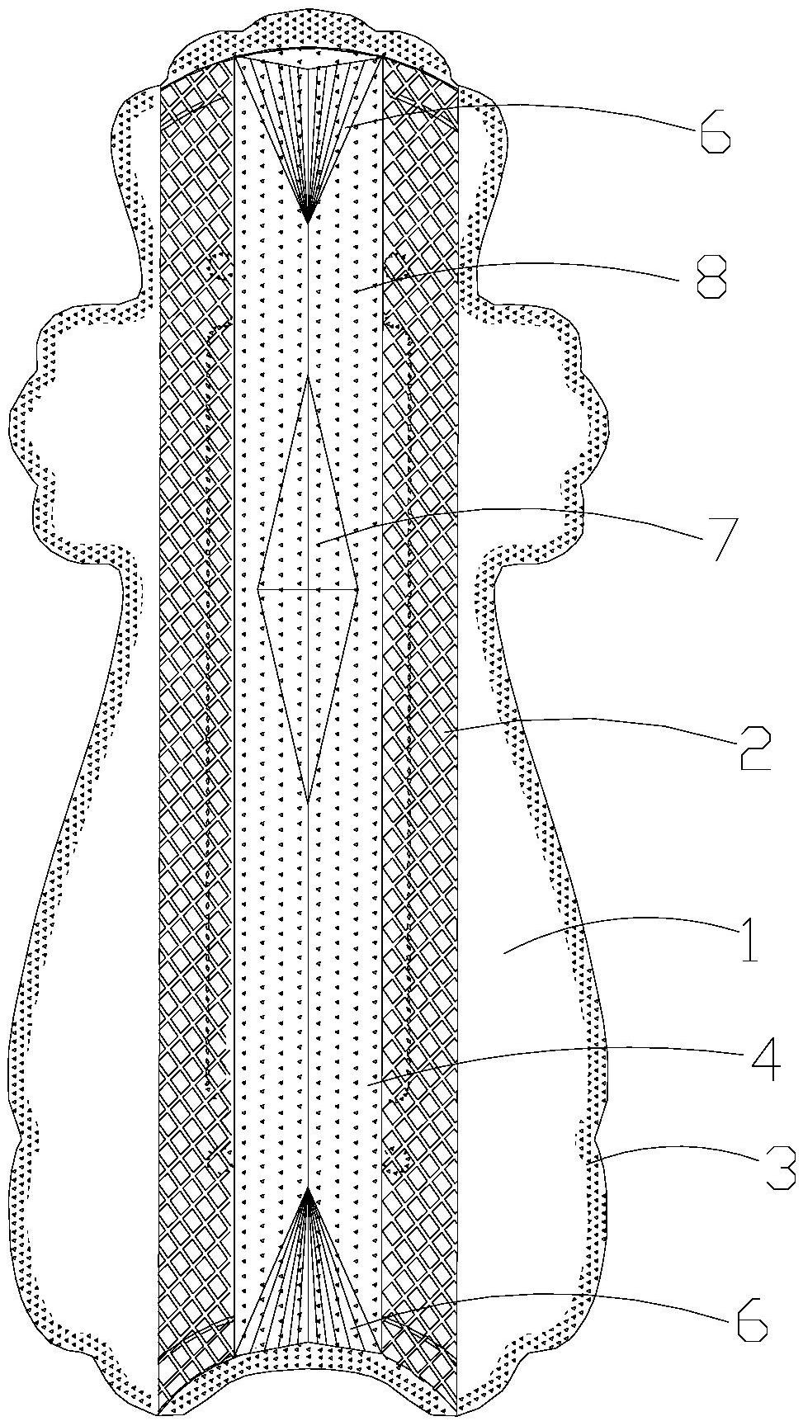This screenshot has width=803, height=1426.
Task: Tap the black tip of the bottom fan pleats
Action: pos(308,1190)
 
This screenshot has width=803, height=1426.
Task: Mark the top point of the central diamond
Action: pos(307,377)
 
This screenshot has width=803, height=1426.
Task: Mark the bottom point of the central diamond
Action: pos(307,803)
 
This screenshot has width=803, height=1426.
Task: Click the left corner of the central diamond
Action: pos(258,589)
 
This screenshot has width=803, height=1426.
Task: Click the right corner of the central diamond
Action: pos(357,589)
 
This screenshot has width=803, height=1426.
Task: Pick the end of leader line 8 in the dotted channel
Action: pos(350,290)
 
